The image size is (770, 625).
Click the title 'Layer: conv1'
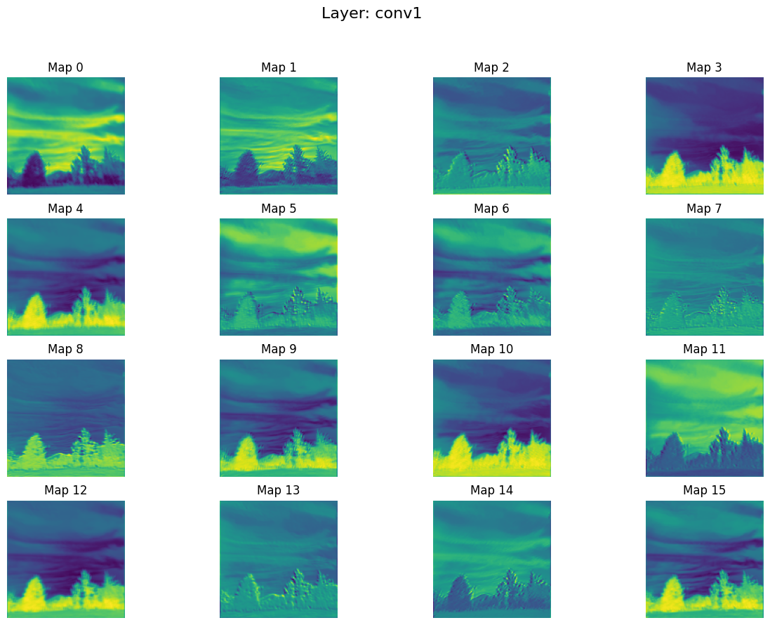(371, 13)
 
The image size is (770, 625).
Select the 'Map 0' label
(65, 67)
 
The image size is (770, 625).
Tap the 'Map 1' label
(279, 67)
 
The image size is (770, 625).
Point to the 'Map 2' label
(491, 67)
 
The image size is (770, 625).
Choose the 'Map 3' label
(704, 67)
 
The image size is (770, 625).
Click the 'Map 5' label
(279, 209)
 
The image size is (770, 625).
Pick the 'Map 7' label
(704, 209)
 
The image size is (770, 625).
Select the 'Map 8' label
(65, 349)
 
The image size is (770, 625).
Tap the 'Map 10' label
(491, 349)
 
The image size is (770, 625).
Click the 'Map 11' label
(704, 349)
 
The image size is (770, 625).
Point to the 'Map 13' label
(279, 490)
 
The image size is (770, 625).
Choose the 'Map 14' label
(491, 490)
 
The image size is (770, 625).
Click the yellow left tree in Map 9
(246, 453)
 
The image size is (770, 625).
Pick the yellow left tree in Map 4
(33, 312)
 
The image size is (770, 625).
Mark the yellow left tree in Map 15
(672, 594)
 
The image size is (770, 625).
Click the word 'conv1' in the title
(397, 13)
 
